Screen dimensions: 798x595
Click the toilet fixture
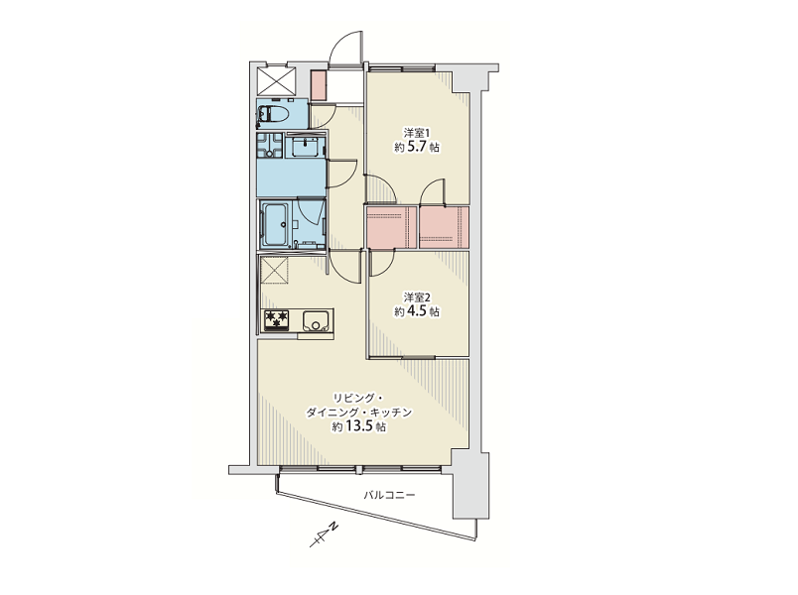[x=273, y=113]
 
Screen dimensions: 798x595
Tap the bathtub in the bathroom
[x=275, y=224]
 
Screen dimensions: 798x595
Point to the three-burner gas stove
[x=276, y=319]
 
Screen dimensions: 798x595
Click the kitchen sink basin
[x=317, y=320]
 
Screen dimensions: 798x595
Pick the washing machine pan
[x=270, y=145]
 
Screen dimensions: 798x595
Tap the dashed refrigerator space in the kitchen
[x=274, y=271]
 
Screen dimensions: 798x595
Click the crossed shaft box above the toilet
[x=277, y=80]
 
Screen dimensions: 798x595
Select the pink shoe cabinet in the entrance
[x=319, y=85]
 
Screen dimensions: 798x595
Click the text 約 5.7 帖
[x=416, y=148]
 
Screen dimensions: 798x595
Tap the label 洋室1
[x=417, y=133]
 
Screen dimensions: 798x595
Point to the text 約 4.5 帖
[x=416, y=311]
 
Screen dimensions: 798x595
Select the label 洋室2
[x=417, y=297]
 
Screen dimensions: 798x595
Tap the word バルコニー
[x=389, y=495]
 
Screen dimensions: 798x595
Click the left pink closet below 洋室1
[x=391, y=227]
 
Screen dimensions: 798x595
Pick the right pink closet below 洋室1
[x=444, y=227]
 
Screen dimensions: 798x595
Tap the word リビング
[x=353, y=398]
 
